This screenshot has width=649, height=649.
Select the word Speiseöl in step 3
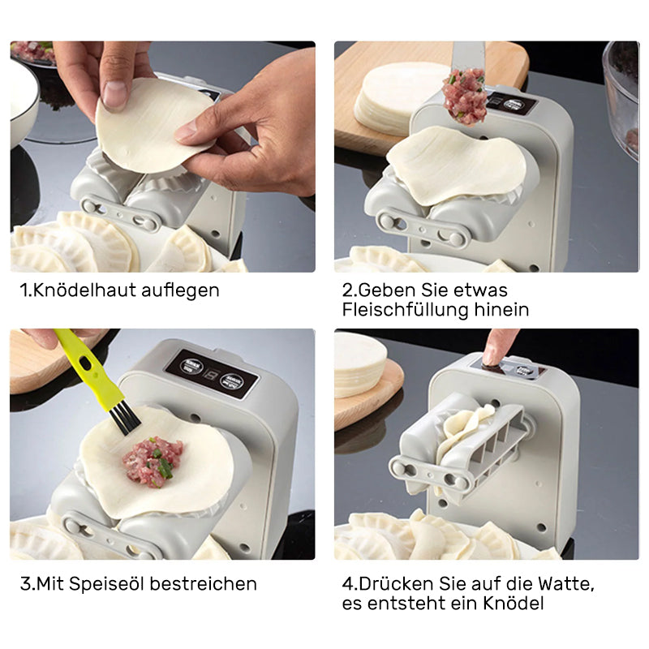point(105,583)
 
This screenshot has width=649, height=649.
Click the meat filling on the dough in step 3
point(152,460)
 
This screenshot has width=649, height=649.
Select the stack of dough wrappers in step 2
point(389,97)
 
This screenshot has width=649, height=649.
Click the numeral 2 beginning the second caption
point(347,290)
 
